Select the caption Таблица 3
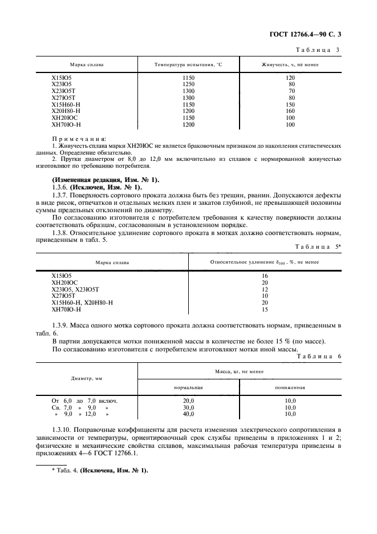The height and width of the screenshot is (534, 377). (x=318, y=50)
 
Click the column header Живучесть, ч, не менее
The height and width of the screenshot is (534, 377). (x=290, y=65)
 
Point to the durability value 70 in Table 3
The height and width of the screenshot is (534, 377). (x=290, y=91)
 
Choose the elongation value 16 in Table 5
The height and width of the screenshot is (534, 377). (x=265, y=276)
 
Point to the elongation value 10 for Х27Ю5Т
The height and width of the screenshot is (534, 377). (x=265, y=296)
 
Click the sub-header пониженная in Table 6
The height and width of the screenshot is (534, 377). (x=290, y=387)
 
